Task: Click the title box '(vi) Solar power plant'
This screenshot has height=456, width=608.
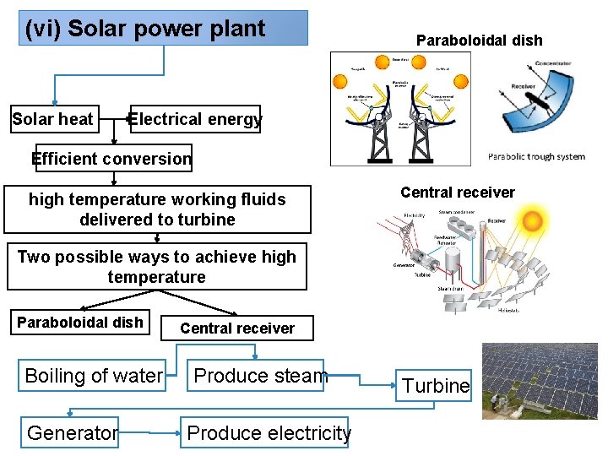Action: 164,28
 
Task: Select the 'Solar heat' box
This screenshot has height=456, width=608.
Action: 52,119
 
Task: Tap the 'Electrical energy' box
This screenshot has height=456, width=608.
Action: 194,120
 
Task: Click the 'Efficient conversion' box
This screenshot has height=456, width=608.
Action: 111,159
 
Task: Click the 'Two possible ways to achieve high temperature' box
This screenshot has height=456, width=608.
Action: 156,267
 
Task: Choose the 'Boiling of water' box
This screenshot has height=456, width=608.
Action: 94,376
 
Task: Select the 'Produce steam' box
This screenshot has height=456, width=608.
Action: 260,376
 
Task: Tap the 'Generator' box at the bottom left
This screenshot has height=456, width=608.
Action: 72,433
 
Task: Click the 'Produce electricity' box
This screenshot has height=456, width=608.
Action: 269,433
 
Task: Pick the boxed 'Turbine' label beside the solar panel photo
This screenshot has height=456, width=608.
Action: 436,386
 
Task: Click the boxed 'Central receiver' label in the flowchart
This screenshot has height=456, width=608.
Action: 237,328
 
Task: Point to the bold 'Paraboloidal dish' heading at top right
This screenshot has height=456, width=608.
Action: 480,40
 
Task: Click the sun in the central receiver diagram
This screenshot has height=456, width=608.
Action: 534,222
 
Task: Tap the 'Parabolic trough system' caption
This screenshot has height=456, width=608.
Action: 536,156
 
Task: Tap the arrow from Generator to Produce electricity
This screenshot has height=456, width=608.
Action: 149,433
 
